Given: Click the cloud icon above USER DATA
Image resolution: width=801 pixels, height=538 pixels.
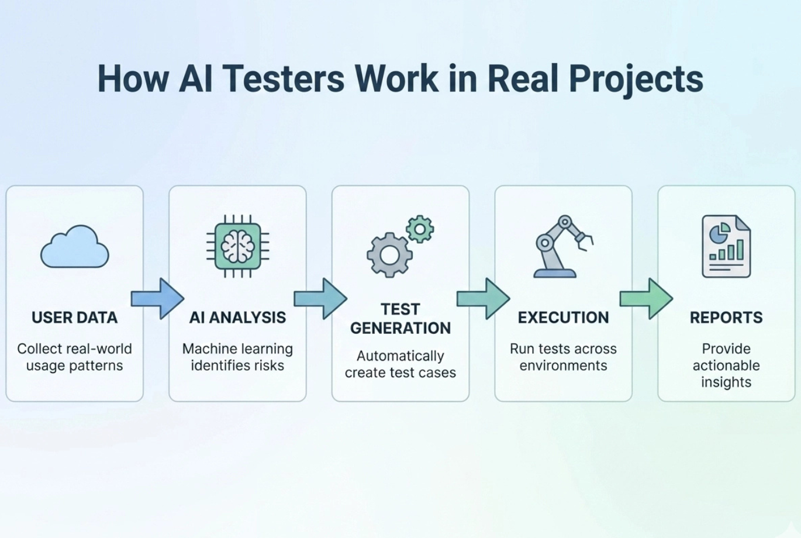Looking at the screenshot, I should coord(74,248).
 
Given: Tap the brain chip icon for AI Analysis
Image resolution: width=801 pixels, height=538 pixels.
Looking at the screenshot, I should coord(237,246).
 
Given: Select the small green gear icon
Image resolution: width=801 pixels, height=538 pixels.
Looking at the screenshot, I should coord(420,229).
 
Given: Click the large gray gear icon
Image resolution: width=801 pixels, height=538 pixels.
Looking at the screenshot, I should coord(389,255).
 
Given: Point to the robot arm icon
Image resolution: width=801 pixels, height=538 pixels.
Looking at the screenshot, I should coord(562,246).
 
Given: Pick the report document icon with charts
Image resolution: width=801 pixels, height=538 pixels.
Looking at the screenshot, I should coord(726,246).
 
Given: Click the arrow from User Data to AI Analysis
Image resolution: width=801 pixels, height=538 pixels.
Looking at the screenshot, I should coord(157,299).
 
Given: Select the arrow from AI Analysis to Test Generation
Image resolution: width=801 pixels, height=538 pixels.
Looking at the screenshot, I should coord(320,299).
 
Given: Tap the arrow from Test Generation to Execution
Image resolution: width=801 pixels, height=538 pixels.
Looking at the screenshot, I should coord(483,299).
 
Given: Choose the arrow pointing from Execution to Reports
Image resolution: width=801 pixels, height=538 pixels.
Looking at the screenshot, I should coord(646,299).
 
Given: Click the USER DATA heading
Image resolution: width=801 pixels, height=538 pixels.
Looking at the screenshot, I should coord(74,318).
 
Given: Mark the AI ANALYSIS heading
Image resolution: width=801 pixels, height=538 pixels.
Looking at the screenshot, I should coord(237,318).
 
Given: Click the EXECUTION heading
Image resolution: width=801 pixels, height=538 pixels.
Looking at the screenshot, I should coord(563,318).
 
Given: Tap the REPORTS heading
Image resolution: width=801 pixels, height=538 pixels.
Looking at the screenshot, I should coord(726,318).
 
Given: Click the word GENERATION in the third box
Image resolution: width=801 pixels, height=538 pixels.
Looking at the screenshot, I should coord(400,328).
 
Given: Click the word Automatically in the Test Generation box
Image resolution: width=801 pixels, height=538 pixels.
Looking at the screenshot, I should coord(400,356).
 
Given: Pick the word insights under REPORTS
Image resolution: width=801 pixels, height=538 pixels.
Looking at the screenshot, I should coord(726,382).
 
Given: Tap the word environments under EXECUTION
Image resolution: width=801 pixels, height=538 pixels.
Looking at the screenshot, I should coord(563,365).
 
